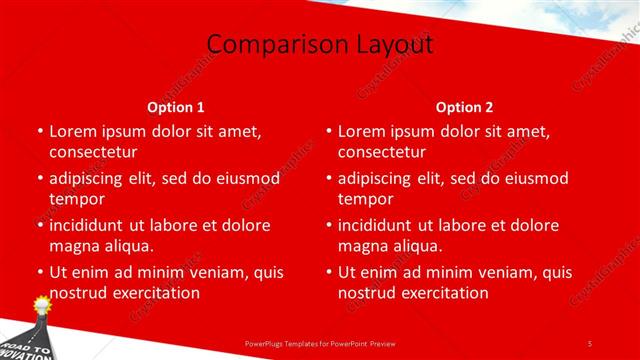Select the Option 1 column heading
(176, 107)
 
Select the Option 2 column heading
(465, 107)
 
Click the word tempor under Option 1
(76, 199)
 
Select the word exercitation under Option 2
(438, 293)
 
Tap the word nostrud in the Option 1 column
(77, 293)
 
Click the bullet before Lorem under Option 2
(328, 132)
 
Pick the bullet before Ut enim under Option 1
(39, 273)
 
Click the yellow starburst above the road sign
(42, 303)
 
